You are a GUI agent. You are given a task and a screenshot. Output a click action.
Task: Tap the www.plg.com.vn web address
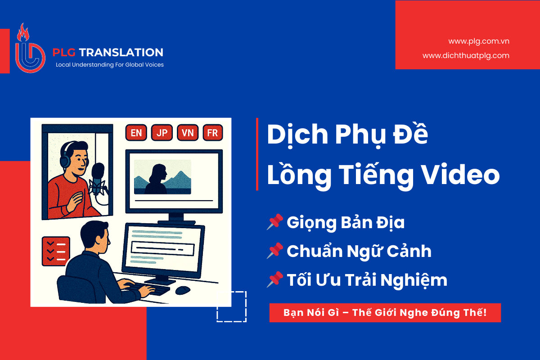click(479, 41)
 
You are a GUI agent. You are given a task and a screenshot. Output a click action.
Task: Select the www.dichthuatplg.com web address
click(466, 55)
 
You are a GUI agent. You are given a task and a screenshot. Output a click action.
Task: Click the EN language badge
click(136, 133)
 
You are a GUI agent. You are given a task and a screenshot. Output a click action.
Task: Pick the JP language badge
click(162, 133)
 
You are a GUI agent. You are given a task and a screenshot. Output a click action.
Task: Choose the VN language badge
click(188, 133)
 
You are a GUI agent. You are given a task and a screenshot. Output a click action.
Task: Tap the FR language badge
click(212, 133)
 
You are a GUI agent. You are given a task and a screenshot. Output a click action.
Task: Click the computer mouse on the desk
click(183, 290)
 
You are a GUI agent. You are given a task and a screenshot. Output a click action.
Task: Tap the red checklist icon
click(55, 251)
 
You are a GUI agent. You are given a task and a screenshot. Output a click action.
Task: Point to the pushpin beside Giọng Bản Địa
click(274, 222)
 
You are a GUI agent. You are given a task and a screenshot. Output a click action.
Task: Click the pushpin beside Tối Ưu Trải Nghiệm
click(274, 279)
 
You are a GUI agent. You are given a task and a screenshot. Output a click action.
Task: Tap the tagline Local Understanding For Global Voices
click(109, 65)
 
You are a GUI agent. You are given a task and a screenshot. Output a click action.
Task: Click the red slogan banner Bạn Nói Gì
click(385, 313)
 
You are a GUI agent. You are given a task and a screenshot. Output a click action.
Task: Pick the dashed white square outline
click(231, 306)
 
